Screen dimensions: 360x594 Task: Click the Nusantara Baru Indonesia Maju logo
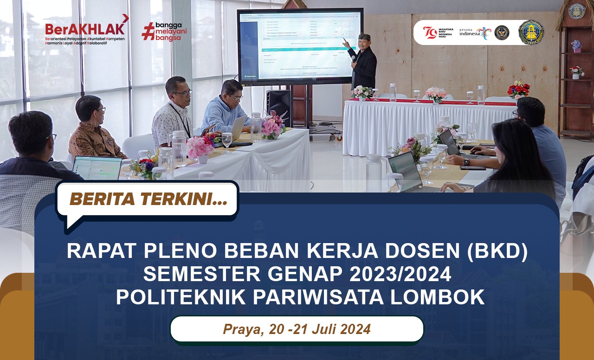click(437, 32)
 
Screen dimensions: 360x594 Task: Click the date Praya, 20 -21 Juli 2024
click(297, 329)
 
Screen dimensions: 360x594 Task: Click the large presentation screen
click(300, 45)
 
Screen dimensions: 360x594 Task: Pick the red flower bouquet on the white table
click(518, 89)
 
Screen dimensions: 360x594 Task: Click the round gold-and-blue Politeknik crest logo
click(531, 32)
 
